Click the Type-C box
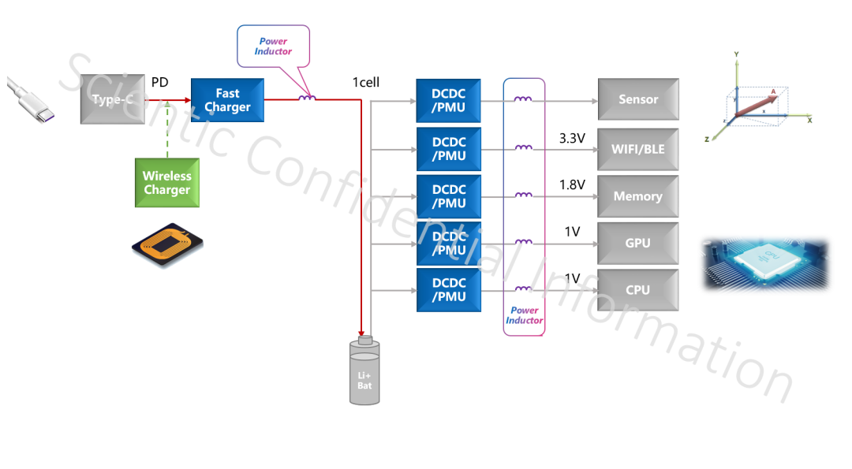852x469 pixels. pos(112,99)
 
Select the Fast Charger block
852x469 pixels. pos(227,100)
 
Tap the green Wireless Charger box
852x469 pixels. pos(166,183)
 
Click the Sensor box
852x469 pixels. pos(637,99)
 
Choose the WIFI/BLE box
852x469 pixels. pos(637,149)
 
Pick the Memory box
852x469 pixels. pos(637,196)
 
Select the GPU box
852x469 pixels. pos(637,243)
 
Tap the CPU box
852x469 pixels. pos(637,289)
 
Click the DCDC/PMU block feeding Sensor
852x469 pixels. pos(448,100)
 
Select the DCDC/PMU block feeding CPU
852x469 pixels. pos(448,289)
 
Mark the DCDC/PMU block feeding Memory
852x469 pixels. pos(448,196)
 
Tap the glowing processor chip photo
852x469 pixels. pos(764,264)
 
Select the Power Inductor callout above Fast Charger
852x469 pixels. pos(273,46)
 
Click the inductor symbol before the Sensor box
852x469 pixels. pos(522,99)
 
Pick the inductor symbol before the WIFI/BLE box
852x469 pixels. pos(522,147)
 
